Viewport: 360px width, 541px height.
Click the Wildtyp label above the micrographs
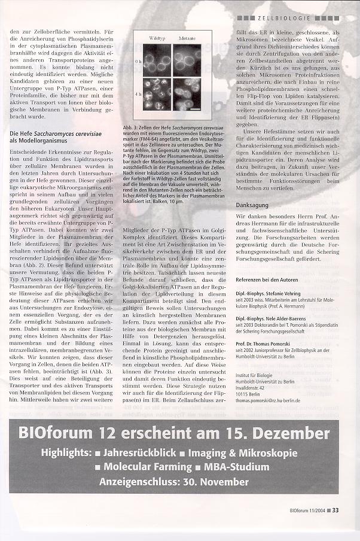click(157, 37)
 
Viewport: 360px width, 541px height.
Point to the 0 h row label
click(138, 61)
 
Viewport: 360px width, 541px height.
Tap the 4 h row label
click(138, 93)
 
